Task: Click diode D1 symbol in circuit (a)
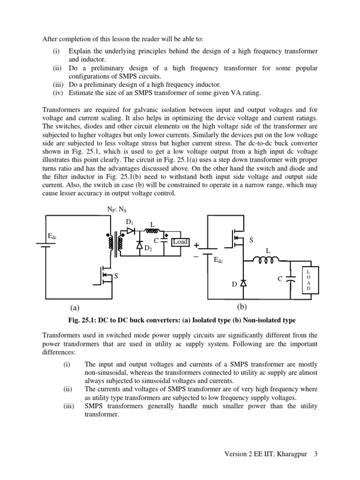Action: tap(131, 231)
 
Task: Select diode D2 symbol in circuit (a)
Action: tap(140, 244)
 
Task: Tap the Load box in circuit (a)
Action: tap(180, 242)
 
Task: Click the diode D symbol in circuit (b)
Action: tap(243, 283)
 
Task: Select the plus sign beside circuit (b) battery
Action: tap(196, 245)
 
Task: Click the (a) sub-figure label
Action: tap(74, 308)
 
